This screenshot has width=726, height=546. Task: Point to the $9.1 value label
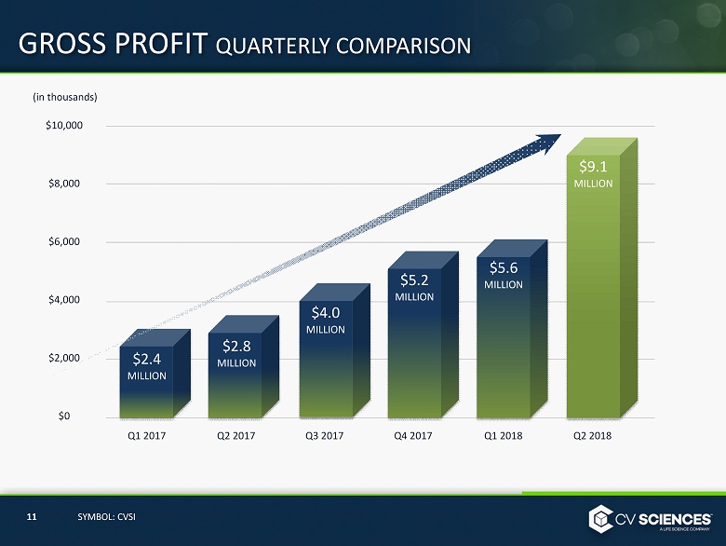[x=593, y=167]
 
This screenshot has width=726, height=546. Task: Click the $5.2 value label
[x=414, y=279]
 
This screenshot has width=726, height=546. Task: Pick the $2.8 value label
[x=235, y=347]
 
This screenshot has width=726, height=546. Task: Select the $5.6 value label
[x=504, y=267]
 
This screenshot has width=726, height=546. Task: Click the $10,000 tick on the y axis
[x=64, y=125]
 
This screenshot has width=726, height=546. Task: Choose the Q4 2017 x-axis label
[x=414, y=435]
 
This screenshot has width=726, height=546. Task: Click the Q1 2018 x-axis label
[x=504, y=435]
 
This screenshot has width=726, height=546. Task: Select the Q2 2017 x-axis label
[x=235, y=435]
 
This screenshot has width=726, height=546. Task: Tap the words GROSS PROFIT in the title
[x=112, y=44]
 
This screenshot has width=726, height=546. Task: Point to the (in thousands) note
[x=64, y=96]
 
